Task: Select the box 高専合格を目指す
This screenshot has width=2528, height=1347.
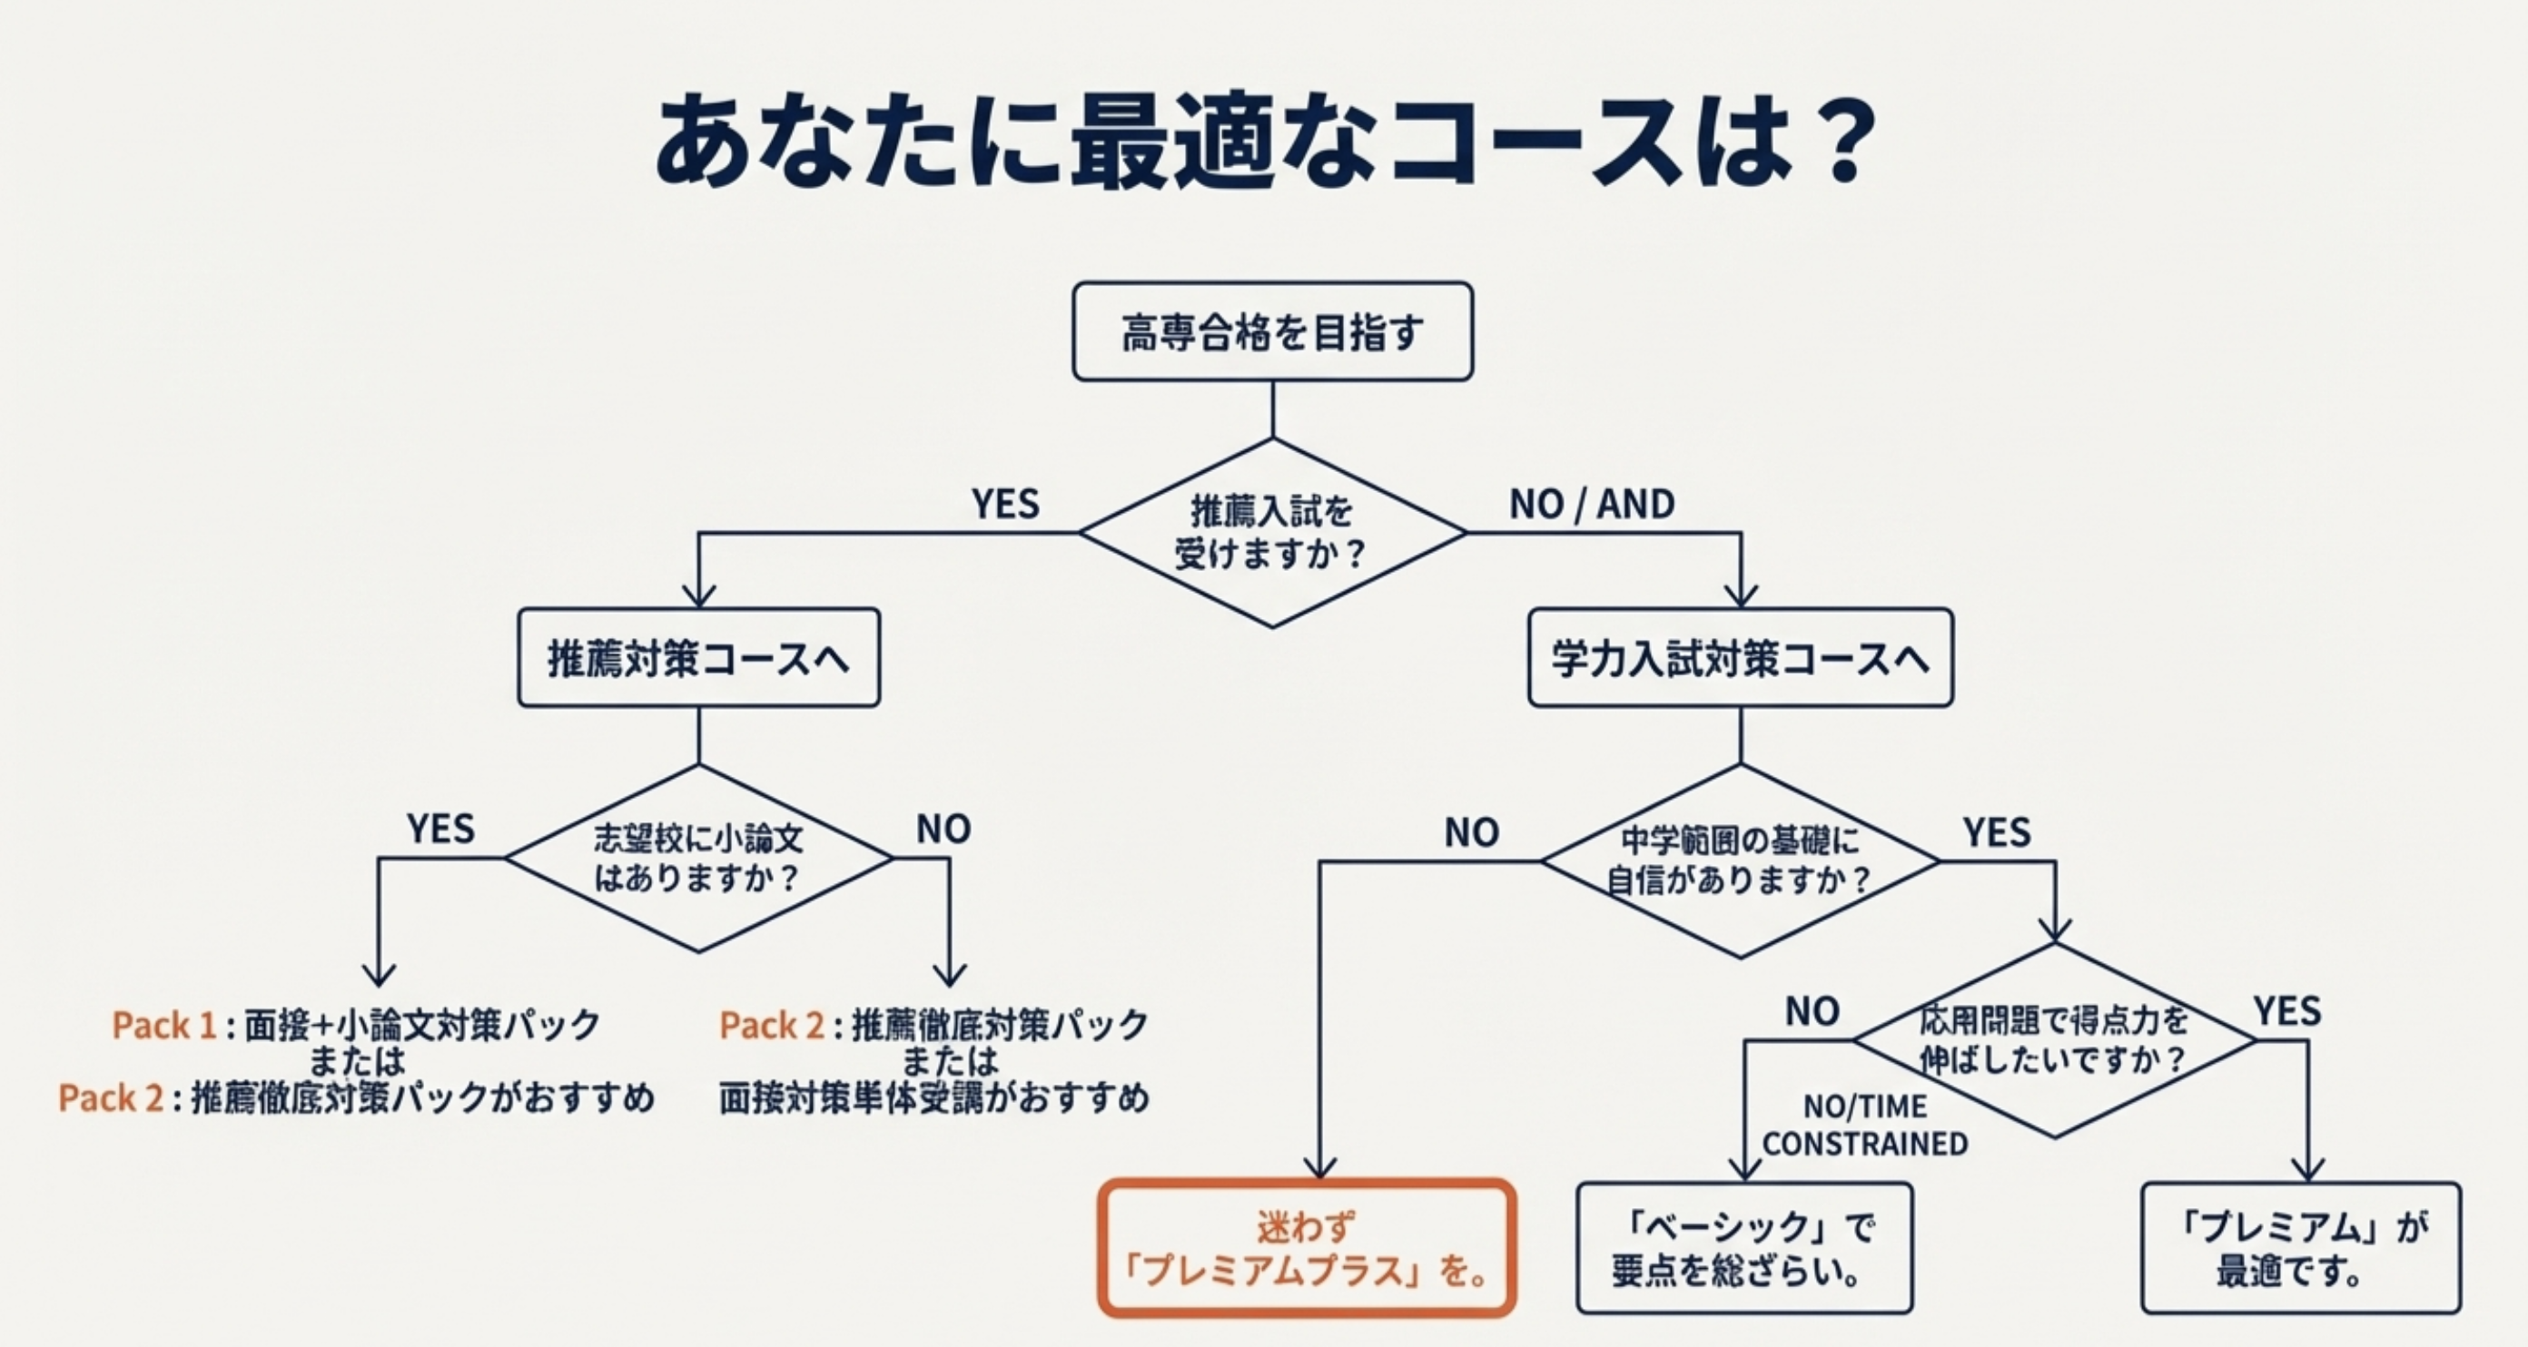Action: [x=1273, y=331]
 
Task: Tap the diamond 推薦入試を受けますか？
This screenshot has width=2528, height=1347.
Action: [x=1273, y=533]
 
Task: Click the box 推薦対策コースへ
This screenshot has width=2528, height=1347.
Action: [x=698, y=657]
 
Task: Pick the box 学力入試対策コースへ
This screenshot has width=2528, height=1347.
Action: [x=1740, y=657]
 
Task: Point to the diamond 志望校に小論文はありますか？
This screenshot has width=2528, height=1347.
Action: [x=698, y=859]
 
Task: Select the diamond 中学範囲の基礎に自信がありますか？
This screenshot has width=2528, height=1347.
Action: [x=1740, y=861]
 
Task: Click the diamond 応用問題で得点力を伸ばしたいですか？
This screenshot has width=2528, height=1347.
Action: [x=2054, y=1040]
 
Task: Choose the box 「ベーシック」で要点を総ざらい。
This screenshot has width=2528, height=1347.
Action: [x=1743, y=1248]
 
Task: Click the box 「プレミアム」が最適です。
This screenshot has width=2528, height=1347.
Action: [x=2300, y=1248]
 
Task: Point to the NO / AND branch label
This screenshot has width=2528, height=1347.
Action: [x=1591, y=505]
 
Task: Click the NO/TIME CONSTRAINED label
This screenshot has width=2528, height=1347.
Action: [x=1864, y=1126]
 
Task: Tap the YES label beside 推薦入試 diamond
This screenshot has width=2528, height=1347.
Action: [x=1005, y=505]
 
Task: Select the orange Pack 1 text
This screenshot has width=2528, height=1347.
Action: [x=163, y=1025]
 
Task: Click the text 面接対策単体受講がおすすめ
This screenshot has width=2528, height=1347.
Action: [x=933, y=1097]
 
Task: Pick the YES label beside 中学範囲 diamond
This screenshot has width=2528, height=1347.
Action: [x=1996, y=833]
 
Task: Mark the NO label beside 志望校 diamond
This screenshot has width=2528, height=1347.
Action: [x=943, y=830]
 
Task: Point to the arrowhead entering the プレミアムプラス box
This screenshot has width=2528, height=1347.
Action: [x=1320, y=1167]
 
